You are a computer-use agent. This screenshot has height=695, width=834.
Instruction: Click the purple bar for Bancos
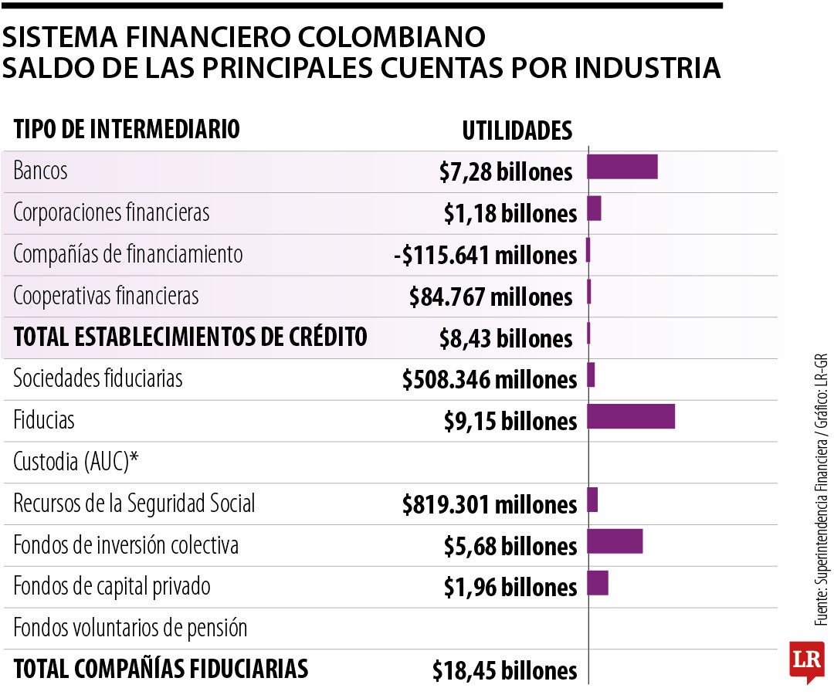[x=622, y=167]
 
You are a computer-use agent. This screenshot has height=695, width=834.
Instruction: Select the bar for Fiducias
[x=631, y=416]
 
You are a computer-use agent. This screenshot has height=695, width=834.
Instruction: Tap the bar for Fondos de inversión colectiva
[x=615, y=541]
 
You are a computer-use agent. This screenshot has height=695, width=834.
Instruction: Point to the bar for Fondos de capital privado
[x=598, y=583]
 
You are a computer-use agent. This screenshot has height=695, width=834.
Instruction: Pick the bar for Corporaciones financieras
[x=594, y=208]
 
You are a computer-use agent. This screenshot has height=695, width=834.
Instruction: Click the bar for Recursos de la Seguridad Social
[x=592, y=500]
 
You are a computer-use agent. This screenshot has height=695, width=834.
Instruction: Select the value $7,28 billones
[x=506, y=172]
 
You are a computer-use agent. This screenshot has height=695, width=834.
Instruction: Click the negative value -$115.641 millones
[x=484, y=256]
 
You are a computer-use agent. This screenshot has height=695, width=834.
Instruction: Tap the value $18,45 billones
[x=504, y=670]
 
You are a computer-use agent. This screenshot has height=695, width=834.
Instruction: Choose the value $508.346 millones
[x=490, y=380]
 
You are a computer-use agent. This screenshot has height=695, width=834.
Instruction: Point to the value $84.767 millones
[x=491, y=297]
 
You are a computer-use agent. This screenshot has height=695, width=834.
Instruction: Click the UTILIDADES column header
[x=517, y=131]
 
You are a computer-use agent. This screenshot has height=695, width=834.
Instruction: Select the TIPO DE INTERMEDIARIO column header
[x=127, y=129]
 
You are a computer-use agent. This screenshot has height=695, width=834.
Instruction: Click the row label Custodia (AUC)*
[x=76, y=463]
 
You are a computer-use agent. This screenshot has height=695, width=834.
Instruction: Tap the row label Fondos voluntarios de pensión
[x=131, y=628]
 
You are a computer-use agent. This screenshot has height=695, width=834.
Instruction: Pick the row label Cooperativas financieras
[x=106, y=296]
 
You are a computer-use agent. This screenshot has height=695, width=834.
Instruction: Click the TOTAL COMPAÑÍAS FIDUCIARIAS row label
[x=161, y=669]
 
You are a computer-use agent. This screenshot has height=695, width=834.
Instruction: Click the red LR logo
[x=806, y=661]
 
